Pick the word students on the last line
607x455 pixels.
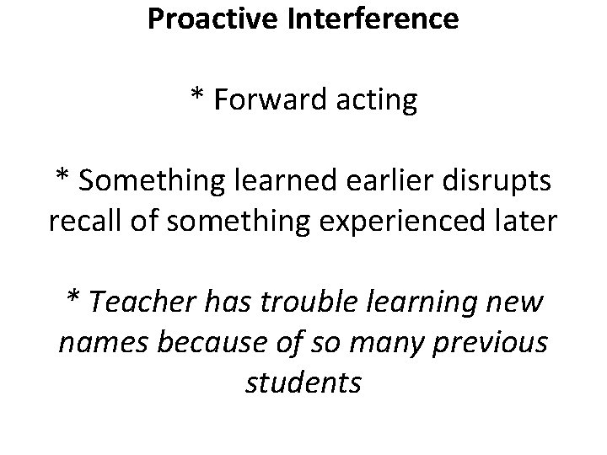[x=303, y=384]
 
